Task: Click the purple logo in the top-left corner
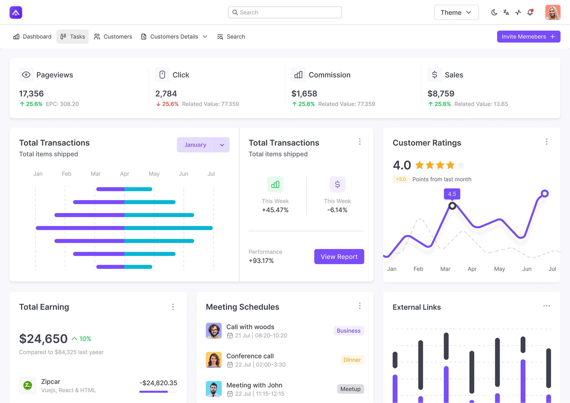tap(16, 12)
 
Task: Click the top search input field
tap(285, 12)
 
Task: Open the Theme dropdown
tap(456, 12)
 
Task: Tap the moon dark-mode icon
tap(494, 12)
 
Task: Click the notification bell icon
tap(530, 12)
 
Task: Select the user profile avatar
tap(553, 12)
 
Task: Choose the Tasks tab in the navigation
tap(73, 36)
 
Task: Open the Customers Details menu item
tap(174, 36)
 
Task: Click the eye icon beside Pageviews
tap(26, 75)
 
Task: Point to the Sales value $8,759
tap(441, 93)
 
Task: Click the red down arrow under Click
tap(158, 104)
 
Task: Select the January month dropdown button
tap(203, 145)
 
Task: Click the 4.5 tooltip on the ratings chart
tap(452, 194)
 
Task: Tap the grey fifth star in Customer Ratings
tap(461, 165)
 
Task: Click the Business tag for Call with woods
tap(349, 331)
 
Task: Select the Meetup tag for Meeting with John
tap(351, 389)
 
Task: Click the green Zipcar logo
tap(27, 385)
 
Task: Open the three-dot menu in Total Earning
tap(173, 307)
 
